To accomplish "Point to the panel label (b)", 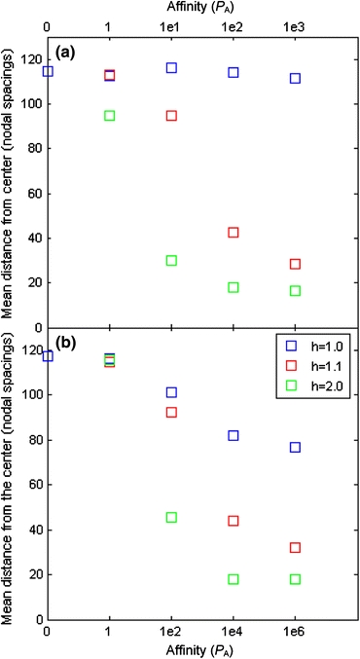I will (66, 341).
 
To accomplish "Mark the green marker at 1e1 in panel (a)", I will (171, 261).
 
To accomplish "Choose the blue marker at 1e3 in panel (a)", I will (295, 78).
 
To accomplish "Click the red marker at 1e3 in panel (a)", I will (295, 264).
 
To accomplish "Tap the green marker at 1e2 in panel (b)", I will (171, 517).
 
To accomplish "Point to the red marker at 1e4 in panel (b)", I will (234, 521).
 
